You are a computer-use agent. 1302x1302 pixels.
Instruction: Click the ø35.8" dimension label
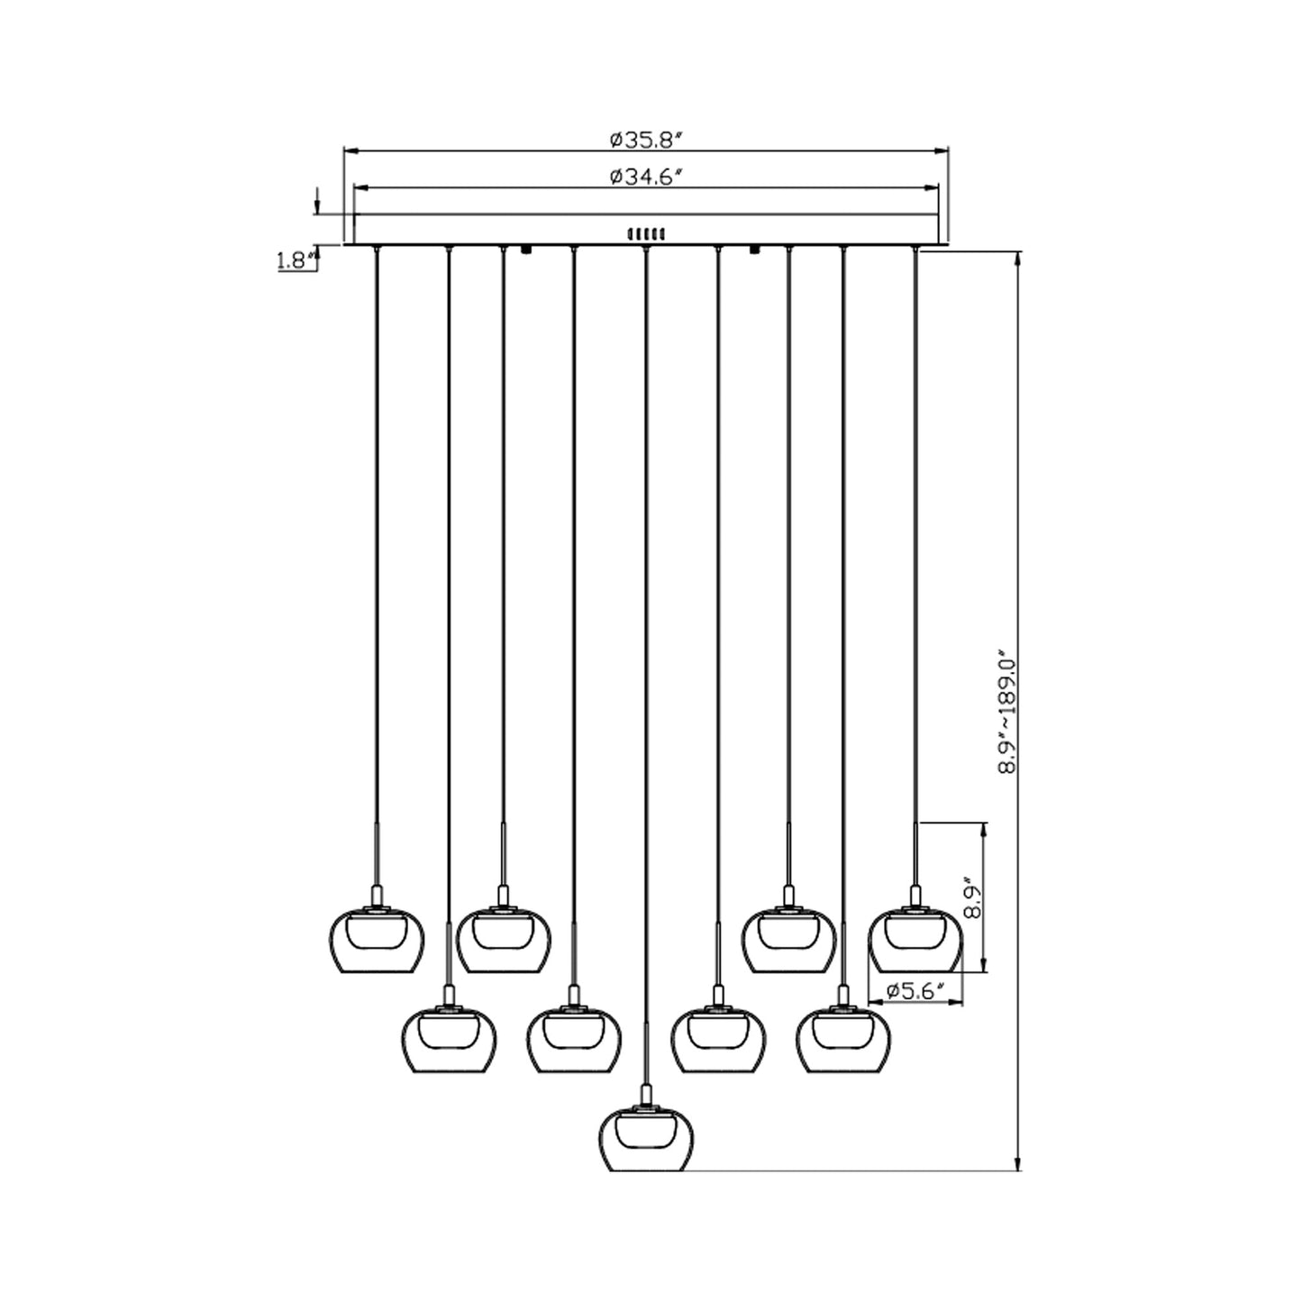coord(647,140)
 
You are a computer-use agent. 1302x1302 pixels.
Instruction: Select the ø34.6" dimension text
coord(647,177)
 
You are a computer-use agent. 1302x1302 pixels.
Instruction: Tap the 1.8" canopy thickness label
coord(296,260)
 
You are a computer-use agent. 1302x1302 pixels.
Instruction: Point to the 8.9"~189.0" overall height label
coord(1006,712)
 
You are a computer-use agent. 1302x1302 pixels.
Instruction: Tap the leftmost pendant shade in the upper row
coord(377,942)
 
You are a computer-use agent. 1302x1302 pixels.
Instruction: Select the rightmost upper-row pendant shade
coord(915,942)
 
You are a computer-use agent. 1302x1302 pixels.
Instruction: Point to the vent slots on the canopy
coord(647,233)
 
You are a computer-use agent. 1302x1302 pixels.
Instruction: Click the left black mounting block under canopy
coord(527,250)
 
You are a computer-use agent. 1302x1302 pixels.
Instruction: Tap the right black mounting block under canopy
coord(755,250)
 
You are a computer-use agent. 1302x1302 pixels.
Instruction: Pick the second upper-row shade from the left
coord(504,942)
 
